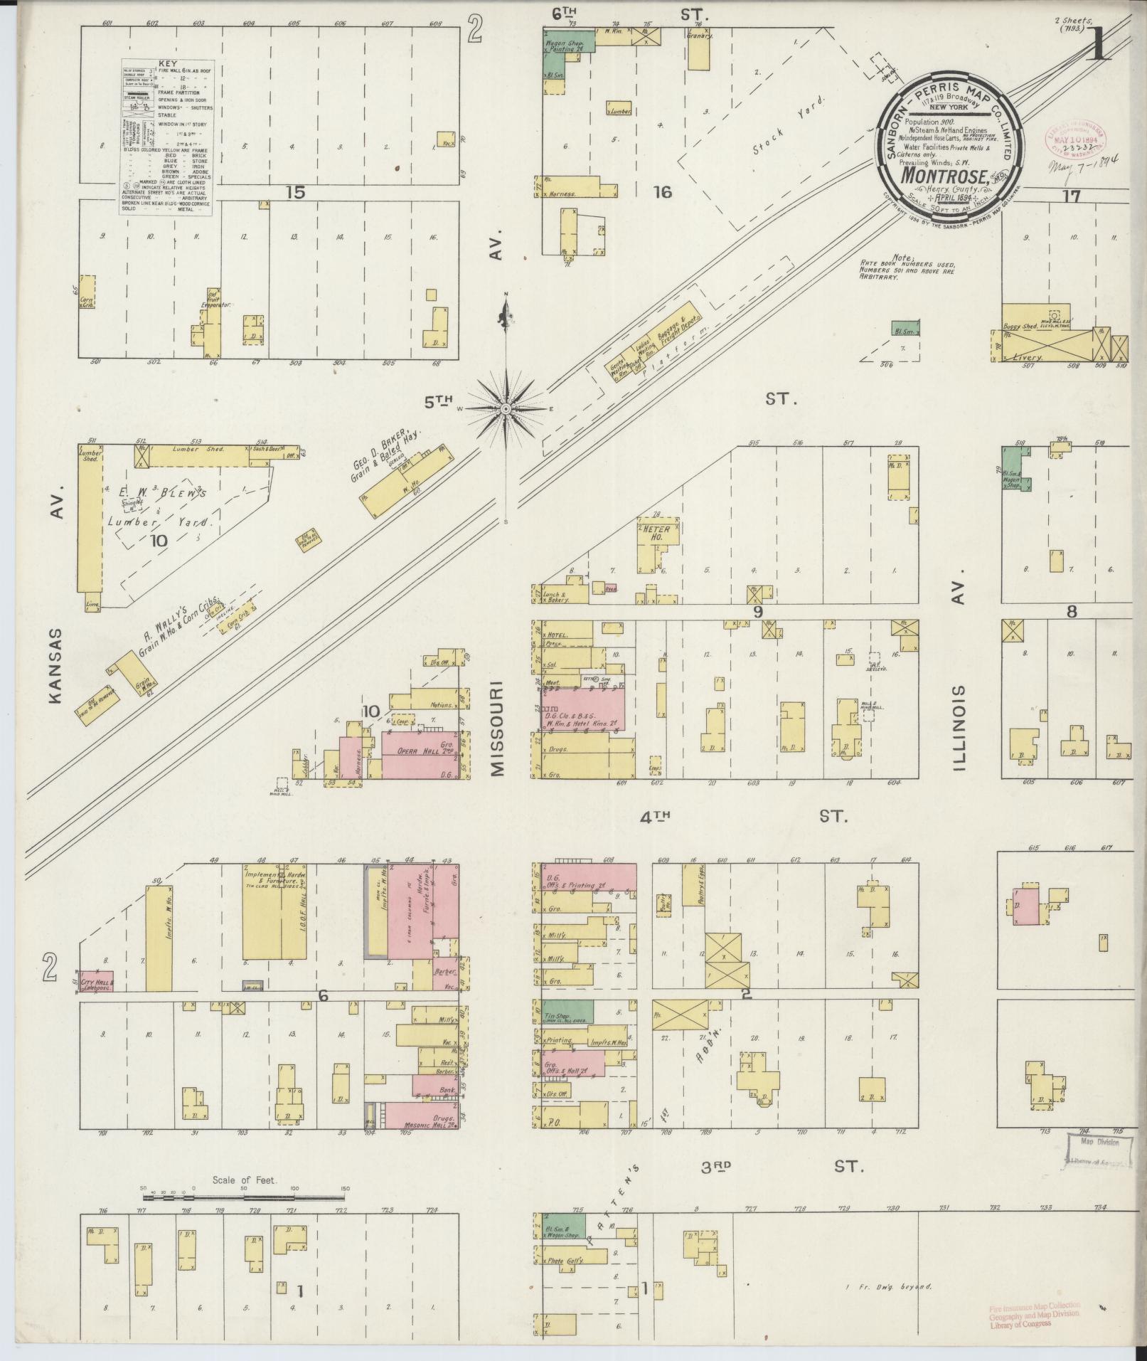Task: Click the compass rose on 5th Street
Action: coord(506,409)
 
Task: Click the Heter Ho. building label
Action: coord(653,533)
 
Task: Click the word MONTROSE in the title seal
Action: coord(940,175)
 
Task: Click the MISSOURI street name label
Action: coord(496,728)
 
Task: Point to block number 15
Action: coord(296,191)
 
